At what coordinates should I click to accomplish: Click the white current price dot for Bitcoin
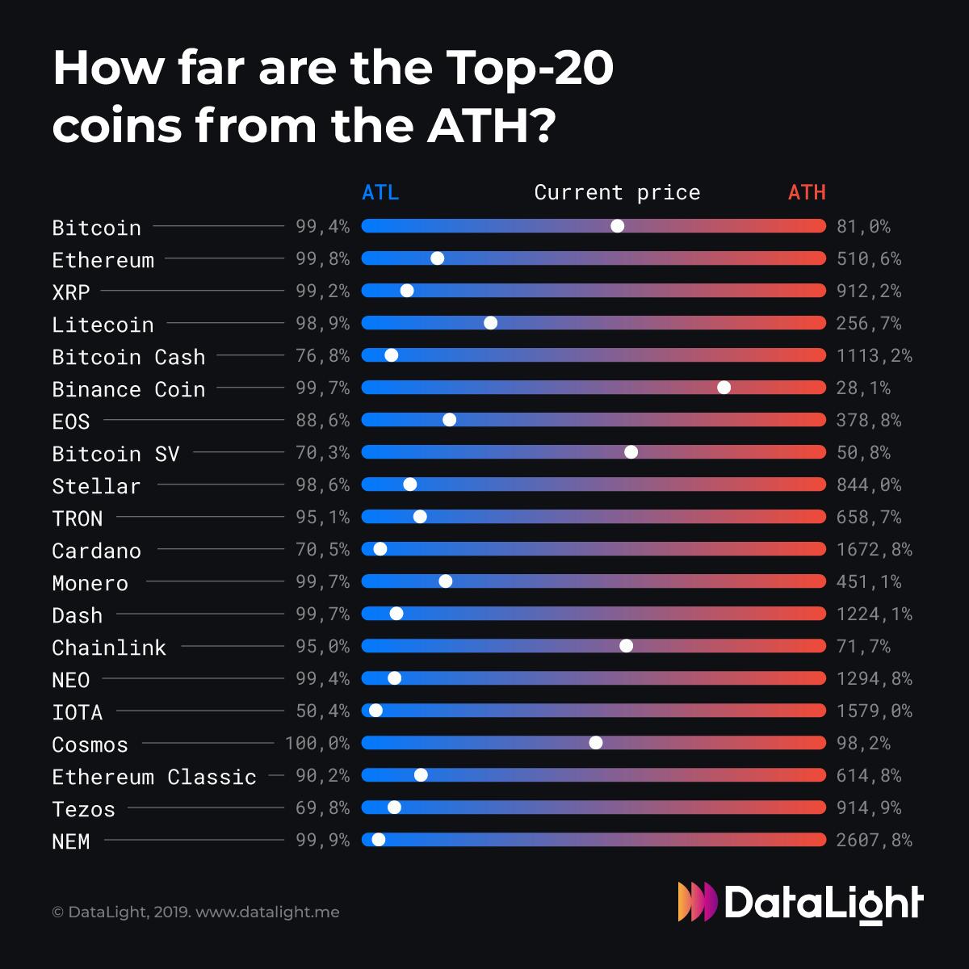click(617, 226)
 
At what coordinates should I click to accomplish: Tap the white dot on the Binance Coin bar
click(724, 388)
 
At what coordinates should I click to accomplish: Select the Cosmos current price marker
click(596, 743)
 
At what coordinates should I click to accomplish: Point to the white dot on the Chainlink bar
click(626, 646)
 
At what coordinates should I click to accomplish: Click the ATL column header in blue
click(380, 193)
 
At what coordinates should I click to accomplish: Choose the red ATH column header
click(807, 193)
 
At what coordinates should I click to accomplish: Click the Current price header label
click(617, 193)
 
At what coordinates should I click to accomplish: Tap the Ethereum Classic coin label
click(154, 777)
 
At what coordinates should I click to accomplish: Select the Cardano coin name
click(96, 551)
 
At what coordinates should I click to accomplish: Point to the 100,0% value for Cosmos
click(317, 744)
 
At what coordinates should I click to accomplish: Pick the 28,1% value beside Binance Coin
click(863, 388)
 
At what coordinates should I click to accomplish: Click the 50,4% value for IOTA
click(322, 711)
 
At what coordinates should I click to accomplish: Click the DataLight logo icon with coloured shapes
click(697, 902)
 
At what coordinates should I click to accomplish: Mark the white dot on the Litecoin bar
click(490, 323)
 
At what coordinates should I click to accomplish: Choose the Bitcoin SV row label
click(115, 454)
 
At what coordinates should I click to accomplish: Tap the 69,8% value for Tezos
click(322, 808)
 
